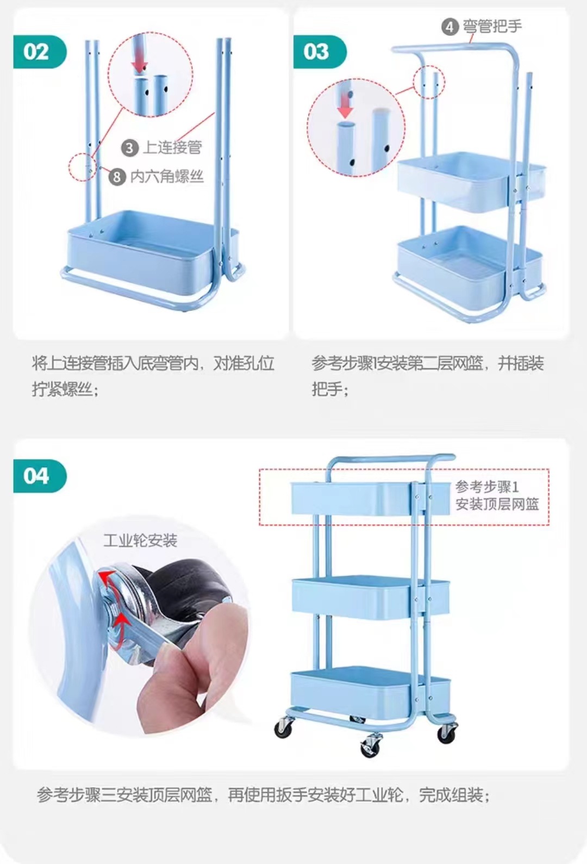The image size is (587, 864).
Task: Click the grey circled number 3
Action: click(129, 148)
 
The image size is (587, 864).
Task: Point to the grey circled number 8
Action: click(117, 176)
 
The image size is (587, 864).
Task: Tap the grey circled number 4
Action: click(449, 27)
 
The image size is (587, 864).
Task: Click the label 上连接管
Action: click(172, 147)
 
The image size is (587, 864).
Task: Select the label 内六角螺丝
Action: click(167, 176)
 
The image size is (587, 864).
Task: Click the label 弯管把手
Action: click(492, 26)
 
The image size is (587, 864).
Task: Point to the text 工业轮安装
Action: click(140, 540)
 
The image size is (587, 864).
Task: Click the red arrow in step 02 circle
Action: click(140, 64)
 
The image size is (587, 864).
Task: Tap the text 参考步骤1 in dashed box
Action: click(487, 487)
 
